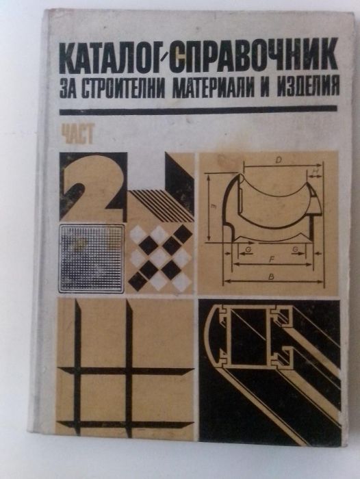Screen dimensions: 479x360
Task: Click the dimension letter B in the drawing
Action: click(x=272, y=277)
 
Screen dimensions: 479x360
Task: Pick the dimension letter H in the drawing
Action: click(x=314, y=172)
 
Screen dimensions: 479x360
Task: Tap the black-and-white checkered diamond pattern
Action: click(x=162, y=257)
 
